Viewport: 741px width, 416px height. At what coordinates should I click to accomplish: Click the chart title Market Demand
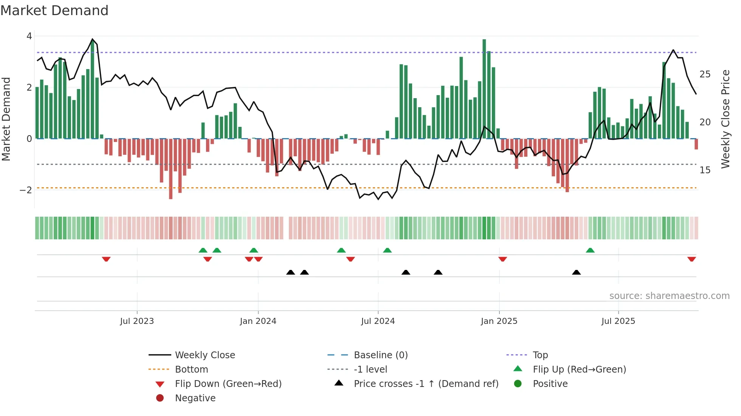click(x=54, y=11)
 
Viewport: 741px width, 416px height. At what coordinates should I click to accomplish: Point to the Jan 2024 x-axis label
click(x=258, y=321)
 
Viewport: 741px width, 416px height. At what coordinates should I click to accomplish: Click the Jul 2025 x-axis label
click(x=618, y=321)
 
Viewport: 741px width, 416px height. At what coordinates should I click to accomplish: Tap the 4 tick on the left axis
click(x=29, y=36)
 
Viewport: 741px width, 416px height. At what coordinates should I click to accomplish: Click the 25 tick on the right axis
click(x=705, y=74)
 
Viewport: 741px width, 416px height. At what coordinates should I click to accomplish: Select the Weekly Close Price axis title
click(x=725, y=119)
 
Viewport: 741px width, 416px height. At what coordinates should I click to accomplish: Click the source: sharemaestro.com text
click(x=669, y=296)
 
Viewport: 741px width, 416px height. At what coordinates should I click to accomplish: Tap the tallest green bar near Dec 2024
click(x=484, y=89)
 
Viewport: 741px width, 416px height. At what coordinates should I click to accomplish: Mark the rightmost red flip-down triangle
click(x=691, y=259)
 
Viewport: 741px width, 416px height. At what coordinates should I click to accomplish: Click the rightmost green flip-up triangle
click(x=590, y=250)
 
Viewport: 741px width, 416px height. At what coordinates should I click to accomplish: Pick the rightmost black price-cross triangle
click(x=576, y=272)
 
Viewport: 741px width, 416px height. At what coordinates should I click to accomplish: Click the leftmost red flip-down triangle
click(x=106, y=259)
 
